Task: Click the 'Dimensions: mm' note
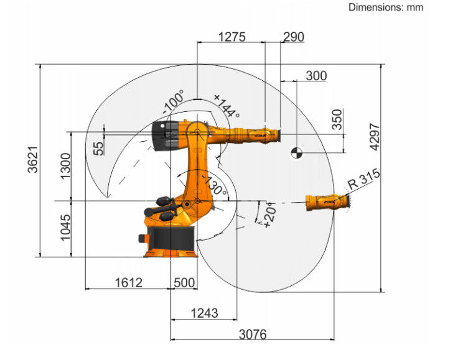point(386,7)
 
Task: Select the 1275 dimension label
point(232,37)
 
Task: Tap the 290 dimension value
point(294,37)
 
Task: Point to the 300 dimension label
point(316,76)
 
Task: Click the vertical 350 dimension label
point(337,119)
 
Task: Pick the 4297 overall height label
point(375,137)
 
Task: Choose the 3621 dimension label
point(33,160)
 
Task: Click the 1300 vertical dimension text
point(65,166)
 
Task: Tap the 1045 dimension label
point(65,228)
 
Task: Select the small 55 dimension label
point(98,149)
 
